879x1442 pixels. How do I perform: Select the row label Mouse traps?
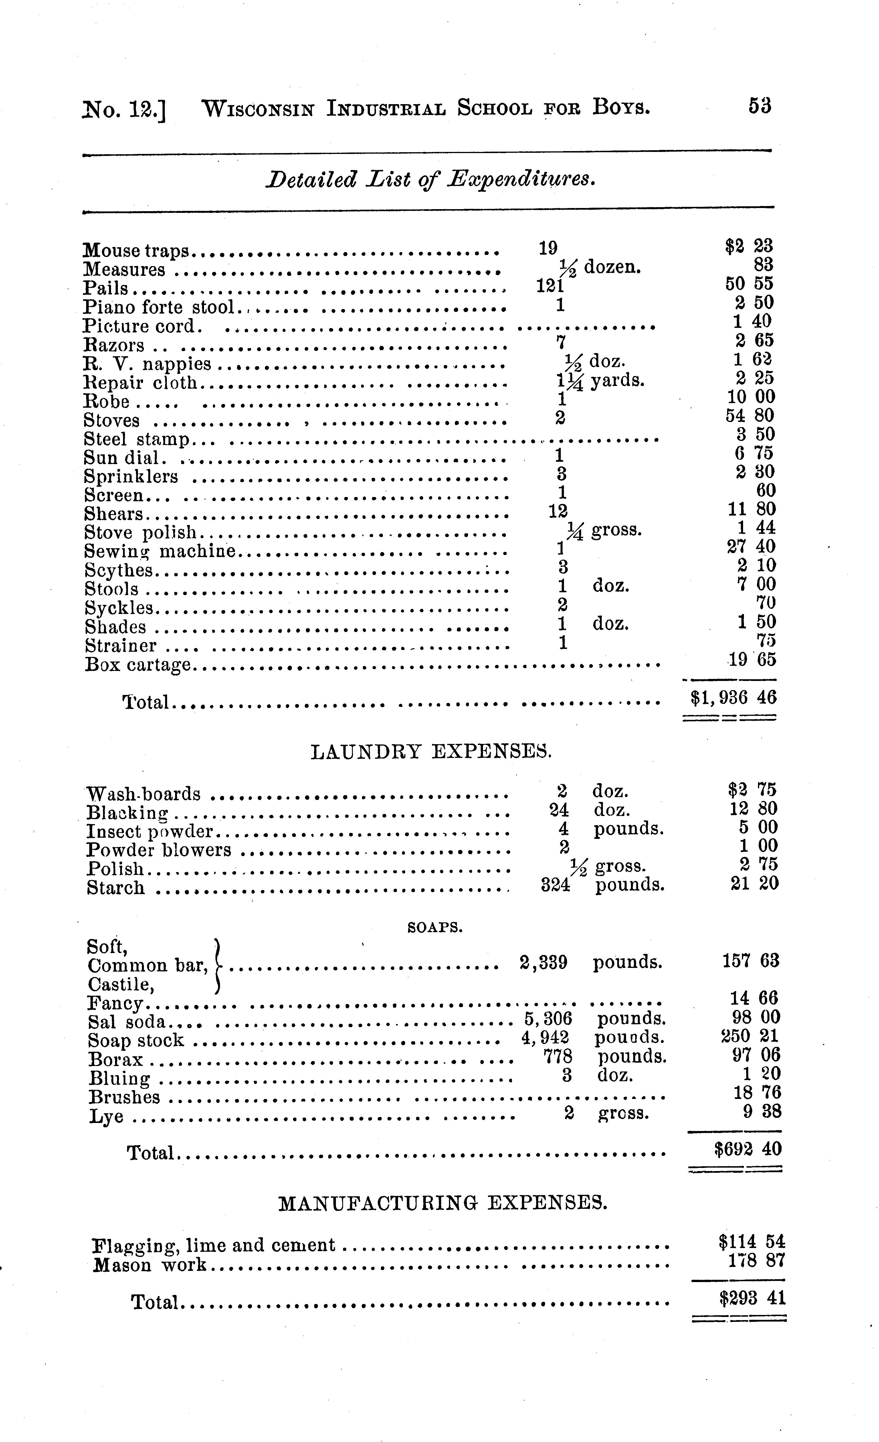[x=136, y=250]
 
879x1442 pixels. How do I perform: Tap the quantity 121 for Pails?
[x=550, y=286]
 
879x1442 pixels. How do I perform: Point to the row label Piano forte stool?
[x=159, y=307]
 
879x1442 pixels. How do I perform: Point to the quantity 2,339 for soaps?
[x=544, y=963]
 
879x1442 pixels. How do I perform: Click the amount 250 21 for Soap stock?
[x=751, y=1036]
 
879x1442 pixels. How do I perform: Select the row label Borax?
[x=116, y=1059]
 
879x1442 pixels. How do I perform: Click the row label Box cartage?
[x=138, y=665]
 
